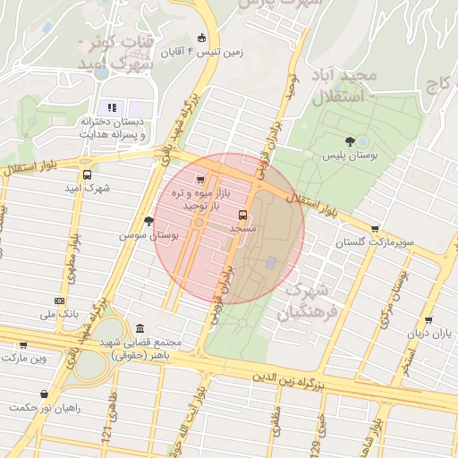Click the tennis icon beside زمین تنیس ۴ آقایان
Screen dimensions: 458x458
coord(201,38)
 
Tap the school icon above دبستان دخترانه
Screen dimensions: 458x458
coord(112,108)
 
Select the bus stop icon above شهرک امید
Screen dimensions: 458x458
coord(87,175)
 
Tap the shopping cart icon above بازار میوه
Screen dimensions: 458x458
coord(200,180)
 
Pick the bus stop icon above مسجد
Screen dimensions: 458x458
coord(242,215)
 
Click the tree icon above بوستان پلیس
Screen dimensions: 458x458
coord(349,141)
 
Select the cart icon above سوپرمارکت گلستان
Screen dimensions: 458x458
coord(374,229)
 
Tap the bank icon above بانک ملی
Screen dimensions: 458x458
coord(59,301)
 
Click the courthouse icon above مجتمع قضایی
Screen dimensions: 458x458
coord(140,329)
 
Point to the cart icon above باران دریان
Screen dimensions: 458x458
coord(430,319)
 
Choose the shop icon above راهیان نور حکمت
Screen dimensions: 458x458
coord(44,393)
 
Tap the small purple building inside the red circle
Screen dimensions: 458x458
coord(271,262)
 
